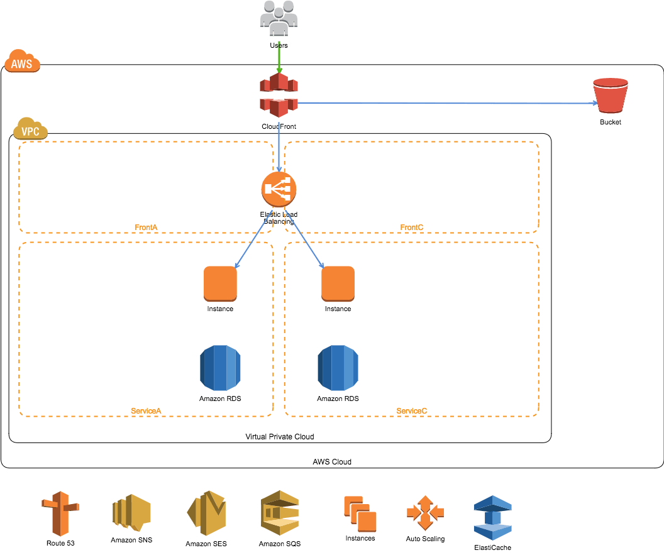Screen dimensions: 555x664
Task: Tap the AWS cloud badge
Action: click(22, 62)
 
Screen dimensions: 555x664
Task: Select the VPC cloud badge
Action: click(30, 129)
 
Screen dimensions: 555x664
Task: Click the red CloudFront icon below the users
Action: click(279, 95)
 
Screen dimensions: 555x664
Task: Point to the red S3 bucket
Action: click(611, 96)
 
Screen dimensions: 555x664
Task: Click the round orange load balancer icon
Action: click(279, 189)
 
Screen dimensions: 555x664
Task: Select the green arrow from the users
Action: click(279, 57)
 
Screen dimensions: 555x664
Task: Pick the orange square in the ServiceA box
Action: click(220, 283)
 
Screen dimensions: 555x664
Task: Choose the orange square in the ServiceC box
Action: click(338, 283)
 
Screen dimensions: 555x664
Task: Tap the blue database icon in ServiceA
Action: click(220, 368)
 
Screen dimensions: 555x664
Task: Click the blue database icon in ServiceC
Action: click(338, 368)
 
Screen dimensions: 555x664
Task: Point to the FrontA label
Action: click(146, 227)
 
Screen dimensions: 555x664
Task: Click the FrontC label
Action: click(411, 227)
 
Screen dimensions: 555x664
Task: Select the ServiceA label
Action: click(146, 410)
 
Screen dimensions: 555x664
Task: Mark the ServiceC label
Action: click(411, 410)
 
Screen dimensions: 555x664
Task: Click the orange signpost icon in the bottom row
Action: click(60, 513)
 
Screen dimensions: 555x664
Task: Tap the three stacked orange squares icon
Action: click(360, 514)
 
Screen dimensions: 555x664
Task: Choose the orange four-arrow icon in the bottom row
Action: click(425, 512)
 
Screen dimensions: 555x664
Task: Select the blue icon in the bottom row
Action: click(492, 517)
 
